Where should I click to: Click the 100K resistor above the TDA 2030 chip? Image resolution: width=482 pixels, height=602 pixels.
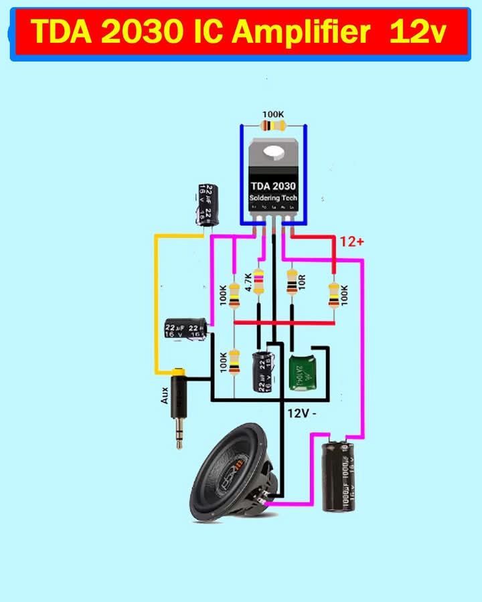(x=273, y=126)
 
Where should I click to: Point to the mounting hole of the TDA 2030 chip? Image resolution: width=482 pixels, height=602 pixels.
(x=273, y=153)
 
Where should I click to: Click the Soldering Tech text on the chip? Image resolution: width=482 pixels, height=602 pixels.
(x=273, y=199)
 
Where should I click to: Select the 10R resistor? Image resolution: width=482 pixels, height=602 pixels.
(x=292, y=282)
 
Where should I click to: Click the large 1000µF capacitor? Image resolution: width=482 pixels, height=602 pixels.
(x=339, y=474)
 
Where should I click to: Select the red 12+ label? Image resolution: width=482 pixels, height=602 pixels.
(x=351, y=242)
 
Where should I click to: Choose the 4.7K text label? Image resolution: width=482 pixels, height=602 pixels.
(x=248, y=282)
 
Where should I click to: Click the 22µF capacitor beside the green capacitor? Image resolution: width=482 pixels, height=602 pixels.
(x=262, y=371)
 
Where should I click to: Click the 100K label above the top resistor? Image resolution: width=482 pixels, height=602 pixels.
(x=273, y=114)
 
